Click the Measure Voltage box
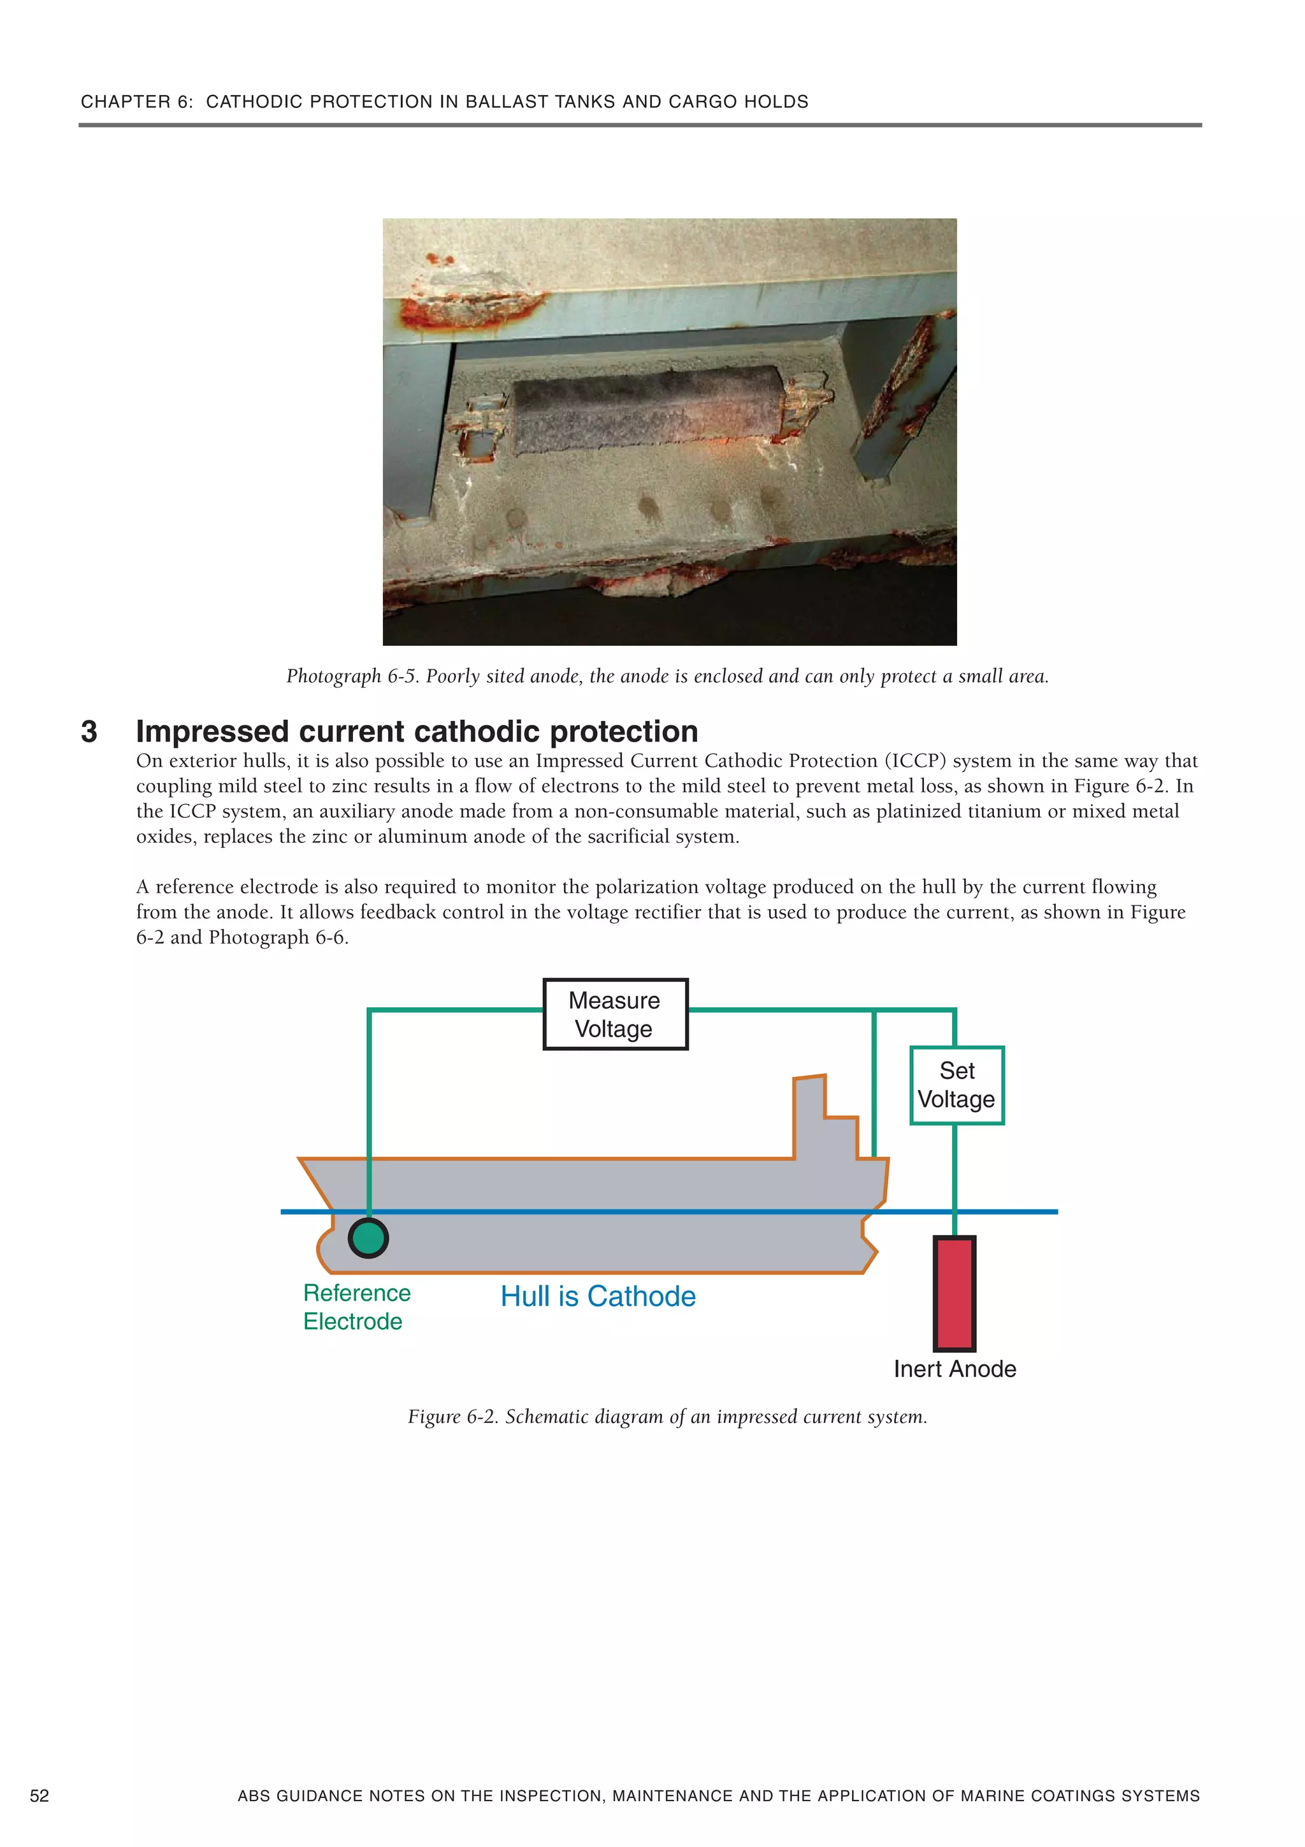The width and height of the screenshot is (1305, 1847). click(615, 1014)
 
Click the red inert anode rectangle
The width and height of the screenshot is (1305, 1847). click(955, 1294)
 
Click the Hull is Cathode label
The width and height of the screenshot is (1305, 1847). click(598, 1296)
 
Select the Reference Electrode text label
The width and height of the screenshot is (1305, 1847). click(356, 1306)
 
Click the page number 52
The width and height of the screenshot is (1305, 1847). click(40, 1795)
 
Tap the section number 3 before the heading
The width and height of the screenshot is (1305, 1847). click(89, 731)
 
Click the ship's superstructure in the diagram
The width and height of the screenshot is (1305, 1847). click(824, 1118)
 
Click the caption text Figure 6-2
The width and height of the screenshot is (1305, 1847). click(454, 1417)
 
